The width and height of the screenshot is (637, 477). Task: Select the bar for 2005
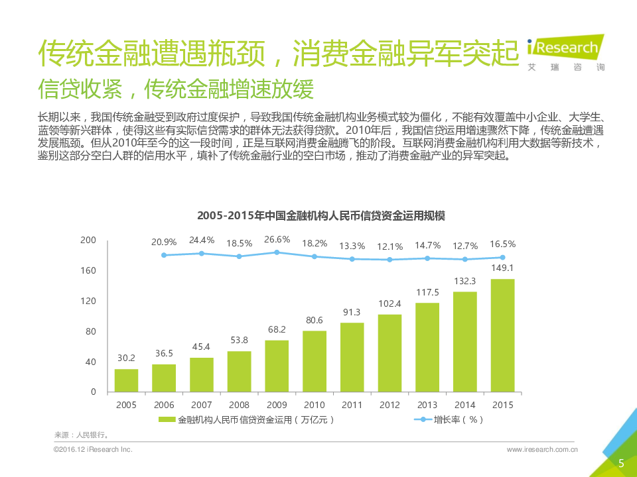pyautogui.click(x=126, y=380)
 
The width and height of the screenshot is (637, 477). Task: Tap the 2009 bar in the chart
pyautogui.click(x=277, y=366)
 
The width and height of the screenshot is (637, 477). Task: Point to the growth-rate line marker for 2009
pyautogui.click(x=277, y=252)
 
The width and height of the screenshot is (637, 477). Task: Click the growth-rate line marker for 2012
pyautogui.click(x=389, y=260)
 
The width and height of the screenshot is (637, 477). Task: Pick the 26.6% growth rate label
pyautogui.click(x=277, y=239)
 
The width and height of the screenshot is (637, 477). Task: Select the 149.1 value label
pyautogui.click(x=502, y=268)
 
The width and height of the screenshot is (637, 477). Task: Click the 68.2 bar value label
pyautogui.click(x=277, y=329)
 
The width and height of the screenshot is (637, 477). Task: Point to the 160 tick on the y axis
pyautogui.click(x=88, y=271)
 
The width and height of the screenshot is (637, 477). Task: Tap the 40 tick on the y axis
pyautogui.click(x=91, y=362)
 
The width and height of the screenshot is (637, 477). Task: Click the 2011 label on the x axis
pyautogui.click(x=352, y=404)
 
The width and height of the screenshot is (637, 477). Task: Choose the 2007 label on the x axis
pyautogui.click(x=201, y=404)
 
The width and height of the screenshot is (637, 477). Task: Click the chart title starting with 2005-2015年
pyautogui.click(x=321, y=216)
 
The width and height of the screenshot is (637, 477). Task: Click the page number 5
pyautogui.click(x=621, y=463)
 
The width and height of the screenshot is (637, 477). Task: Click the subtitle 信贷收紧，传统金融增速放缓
pyautogui.click(x=176, y=87)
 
